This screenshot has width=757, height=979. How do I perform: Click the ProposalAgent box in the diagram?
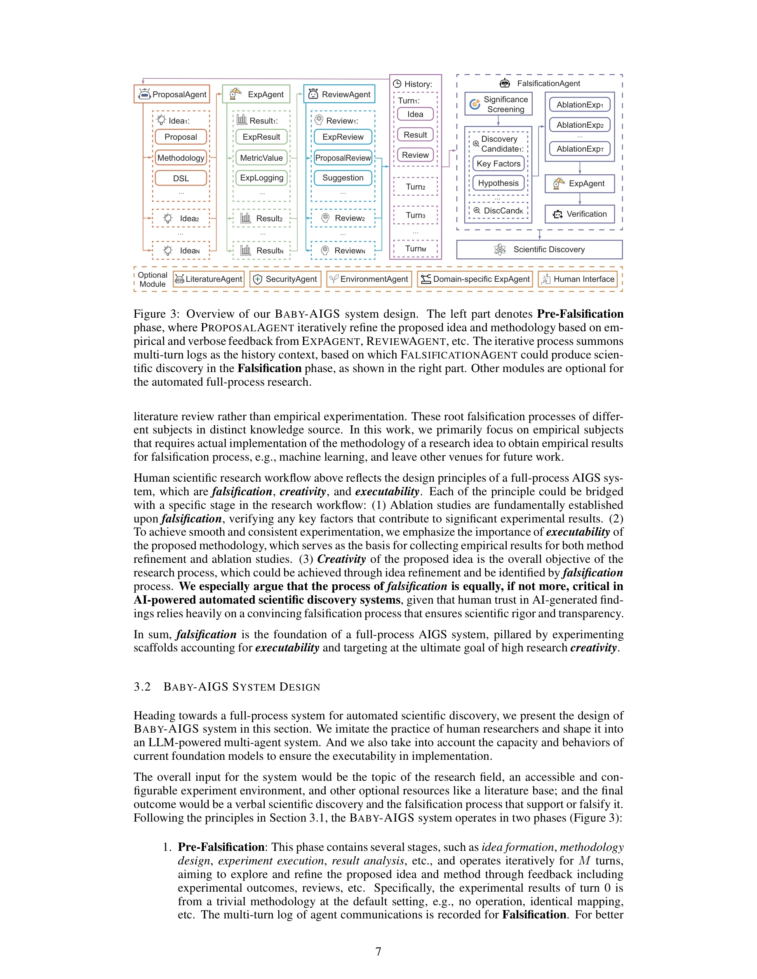pos(172,94)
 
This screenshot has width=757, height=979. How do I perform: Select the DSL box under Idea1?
pos(181,178)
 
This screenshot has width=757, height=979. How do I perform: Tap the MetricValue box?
pos(261,158)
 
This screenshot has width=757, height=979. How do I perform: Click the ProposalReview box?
pos(343,158)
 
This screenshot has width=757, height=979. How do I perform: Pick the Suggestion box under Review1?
pos(343,178)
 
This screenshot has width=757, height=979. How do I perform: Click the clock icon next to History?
pos(397,84)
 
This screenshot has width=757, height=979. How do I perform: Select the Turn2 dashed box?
pos(415,187)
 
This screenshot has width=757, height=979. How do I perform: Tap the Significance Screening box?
pos(498,104)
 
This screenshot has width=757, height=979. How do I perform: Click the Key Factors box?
pos(498,164)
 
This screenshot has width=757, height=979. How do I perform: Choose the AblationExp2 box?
pos(579,125)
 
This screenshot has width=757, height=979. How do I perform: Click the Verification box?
pos(579,214)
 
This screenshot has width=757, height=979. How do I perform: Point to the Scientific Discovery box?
pos(539,249)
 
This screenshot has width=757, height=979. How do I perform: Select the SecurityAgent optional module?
pos(285,279)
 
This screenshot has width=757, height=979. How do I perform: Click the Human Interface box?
pos(578,279)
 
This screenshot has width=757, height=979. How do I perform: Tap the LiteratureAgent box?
pos(209,279)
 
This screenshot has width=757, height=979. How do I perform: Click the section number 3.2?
pos(142,687)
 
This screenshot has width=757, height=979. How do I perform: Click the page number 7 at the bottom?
pos(378,951)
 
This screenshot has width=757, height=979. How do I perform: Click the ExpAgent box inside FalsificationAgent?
pos(579,183)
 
